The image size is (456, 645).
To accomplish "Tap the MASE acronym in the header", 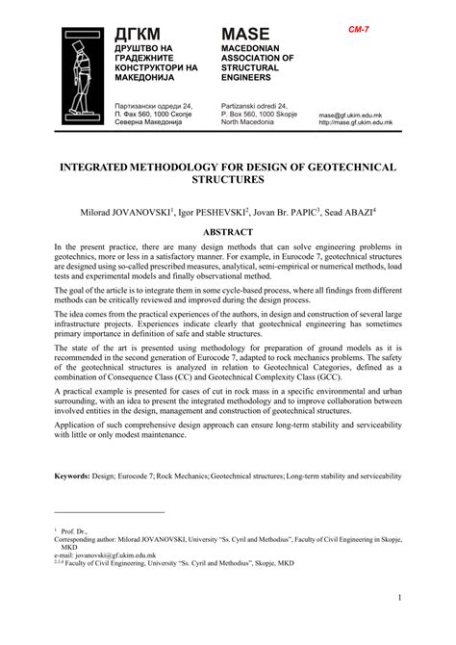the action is [x=250, y=35].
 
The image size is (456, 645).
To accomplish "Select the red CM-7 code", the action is [x=361, y=31].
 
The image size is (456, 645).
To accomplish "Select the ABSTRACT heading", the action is [x=228, y=232].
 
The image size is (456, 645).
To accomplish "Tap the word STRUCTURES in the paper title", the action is [x=228, y=180].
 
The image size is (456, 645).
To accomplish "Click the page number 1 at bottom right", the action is [x=397, y=626].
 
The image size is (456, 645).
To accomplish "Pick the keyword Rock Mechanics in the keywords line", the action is [x=177, y=476].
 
